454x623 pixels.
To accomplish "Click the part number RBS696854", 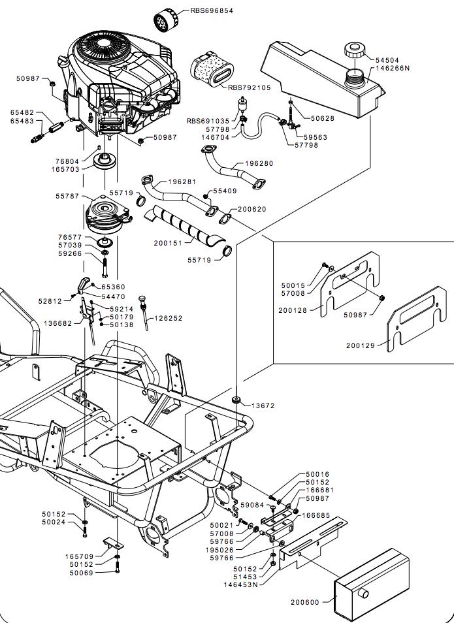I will (211, 11).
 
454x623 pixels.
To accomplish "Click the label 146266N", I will (393, 68).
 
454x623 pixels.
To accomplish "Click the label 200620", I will (251, 209).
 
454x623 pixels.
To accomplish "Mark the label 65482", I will (22, 112).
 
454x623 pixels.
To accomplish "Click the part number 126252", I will (168, 319).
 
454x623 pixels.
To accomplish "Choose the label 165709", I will (78, 556).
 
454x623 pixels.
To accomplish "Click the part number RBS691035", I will (208, 121).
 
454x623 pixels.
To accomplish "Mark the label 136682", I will (57, 323).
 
